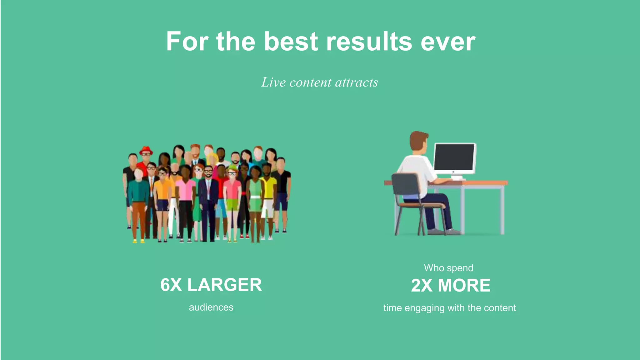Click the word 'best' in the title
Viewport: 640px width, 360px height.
291,42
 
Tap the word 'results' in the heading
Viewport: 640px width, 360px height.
369,42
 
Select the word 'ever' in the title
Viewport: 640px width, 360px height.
448,42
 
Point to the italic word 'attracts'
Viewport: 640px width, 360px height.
356,82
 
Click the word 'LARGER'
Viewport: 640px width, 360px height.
224,285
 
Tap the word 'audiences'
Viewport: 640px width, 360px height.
211,307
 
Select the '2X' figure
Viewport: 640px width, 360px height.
422,286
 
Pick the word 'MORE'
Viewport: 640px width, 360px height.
464,286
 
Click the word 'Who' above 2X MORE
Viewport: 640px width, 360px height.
434,268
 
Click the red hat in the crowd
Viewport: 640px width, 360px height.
146,150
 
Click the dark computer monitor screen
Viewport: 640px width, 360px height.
454,157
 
